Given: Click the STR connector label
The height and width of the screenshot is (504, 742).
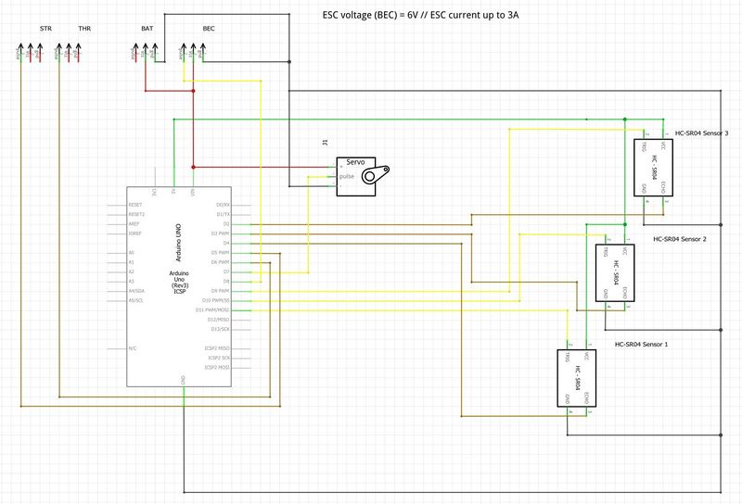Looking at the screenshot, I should point(45,30).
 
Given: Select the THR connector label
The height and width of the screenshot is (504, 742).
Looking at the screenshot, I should point(84,30).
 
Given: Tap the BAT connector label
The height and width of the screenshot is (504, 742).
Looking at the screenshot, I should point(147,30).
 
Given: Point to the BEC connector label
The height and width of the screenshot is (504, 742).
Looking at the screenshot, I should point(209,30).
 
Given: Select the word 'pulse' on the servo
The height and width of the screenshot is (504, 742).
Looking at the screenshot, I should point(347,175).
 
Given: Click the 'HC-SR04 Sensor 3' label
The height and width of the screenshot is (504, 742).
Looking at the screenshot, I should point(701,133).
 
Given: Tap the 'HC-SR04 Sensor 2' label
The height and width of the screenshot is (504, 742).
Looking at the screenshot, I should point(680,238).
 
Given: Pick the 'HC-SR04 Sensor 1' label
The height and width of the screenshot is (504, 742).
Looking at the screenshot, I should point(641,344).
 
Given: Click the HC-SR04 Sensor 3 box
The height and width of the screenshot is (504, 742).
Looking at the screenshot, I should point(654,168).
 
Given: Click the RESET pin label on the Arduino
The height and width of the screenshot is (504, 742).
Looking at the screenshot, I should point(135,204).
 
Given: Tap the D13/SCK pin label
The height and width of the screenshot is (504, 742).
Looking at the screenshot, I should point(220,329).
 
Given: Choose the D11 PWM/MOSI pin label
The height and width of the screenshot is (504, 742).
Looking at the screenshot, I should point(213,309).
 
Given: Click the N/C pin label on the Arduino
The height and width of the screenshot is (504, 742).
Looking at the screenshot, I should point(134,348).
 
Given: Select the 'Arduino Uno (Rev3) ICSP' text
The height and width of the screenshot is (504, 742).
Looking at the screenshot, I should point(180,282).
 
